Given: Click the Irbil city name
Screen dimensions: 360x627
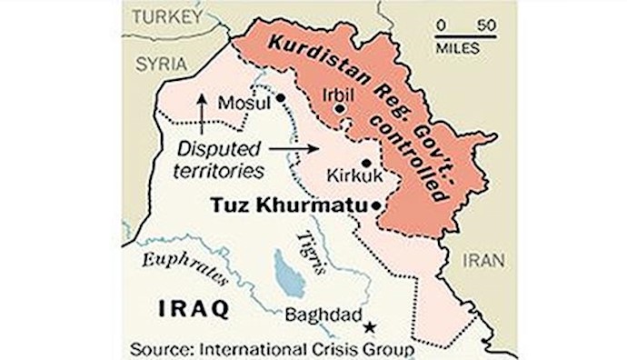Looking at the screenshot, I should tap(340, 93).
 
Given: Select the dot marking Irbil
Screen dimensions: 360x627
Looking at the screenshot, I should tap(340, 108).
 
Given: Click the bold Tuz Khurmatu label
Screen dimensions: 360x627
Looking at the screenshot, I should tap(289, 206).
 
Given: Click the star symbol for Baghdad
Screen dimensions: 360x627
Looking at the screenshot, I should tap(369, 325).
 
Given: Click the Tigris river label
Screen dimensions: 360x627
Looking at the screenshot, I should tap(307, 247).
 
